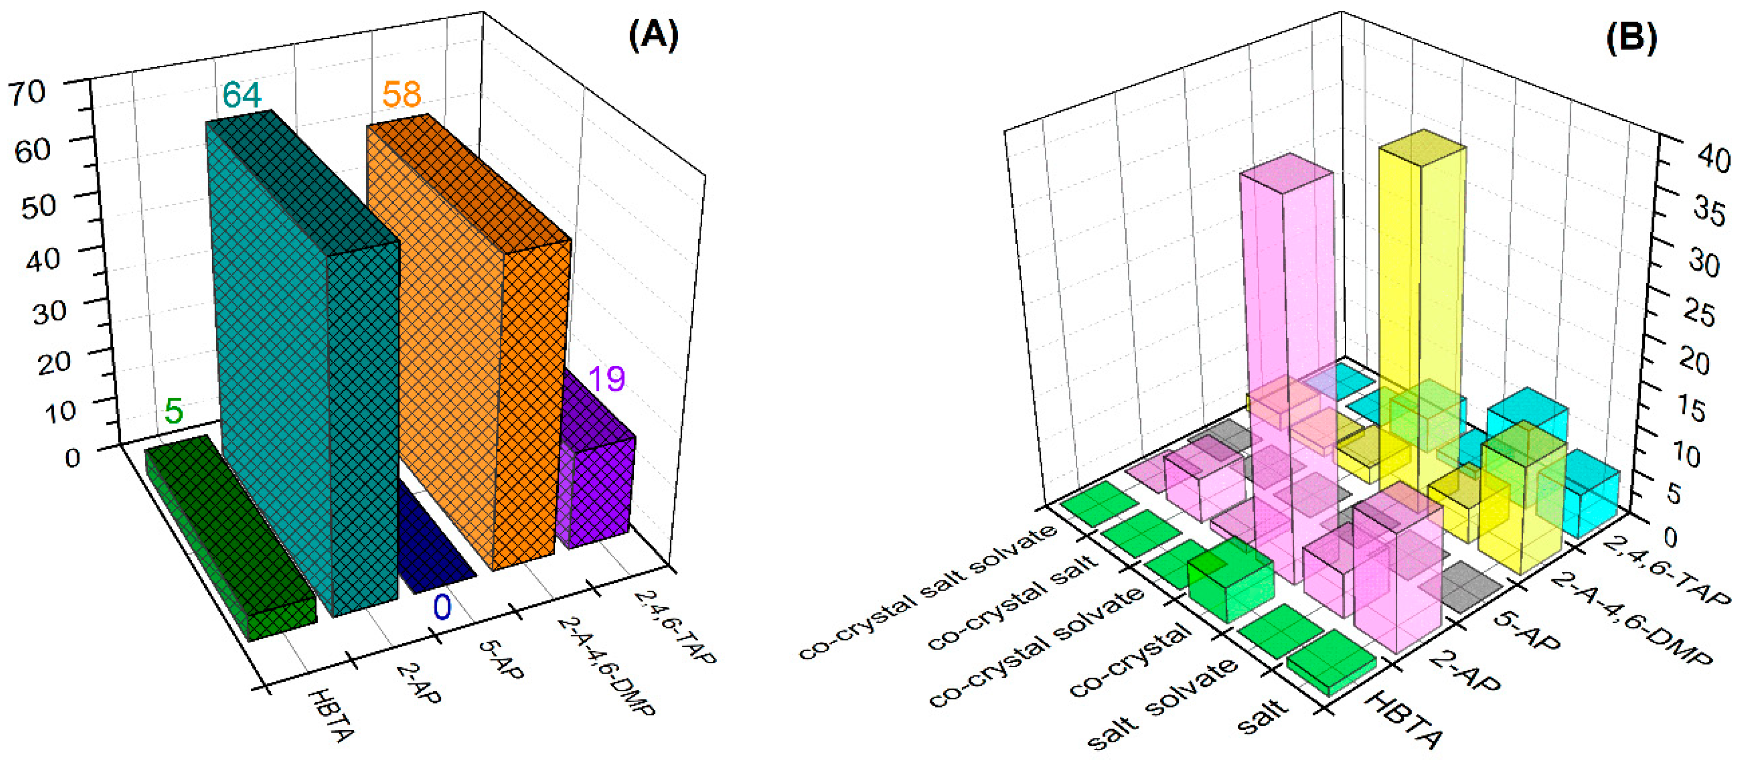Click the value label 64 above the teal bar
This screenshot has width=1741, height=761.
click(241, 95)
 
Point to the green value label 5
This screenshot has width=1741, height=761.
click(174, 411)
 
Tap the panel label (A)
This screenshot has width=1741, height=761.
click(653, 35)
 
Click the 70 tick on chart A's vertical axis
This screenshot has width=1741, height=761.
click(27, 93)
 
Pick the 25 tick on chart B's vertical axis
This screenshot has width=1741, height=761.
click(1699, 314)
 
